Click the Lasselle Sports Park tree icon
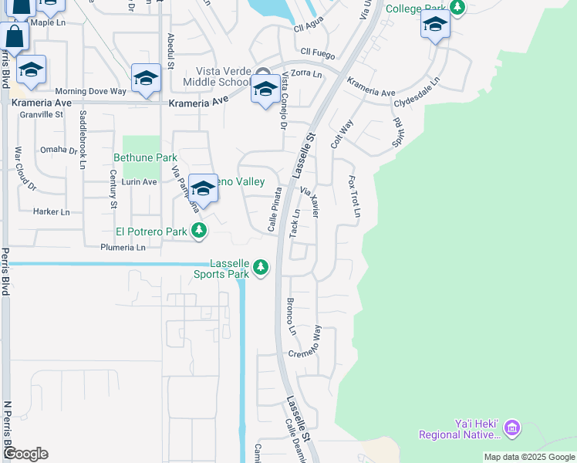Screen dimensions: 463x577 262,267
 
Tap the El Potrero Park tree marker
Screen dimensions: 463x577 199,230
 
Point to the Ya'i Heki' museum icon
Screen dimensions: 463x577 512,427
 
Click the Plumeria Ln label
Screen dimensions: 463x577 123,248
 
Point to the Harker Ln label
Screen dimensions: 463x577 51,211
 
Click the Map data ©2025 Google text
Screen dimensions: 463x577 528,457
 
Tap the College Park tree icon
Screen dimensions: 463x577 458,8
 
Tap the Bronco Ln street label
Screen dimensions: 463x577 292,316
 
